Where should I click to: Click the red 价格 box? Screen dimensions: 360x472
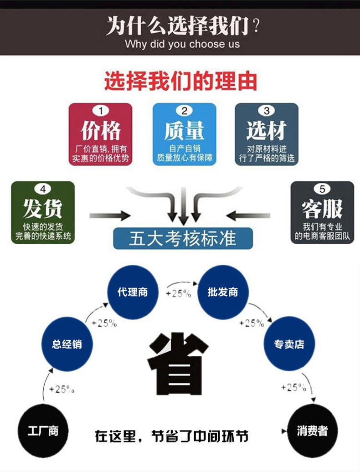100,134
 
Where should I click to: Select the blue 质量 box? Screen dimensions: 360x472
184,134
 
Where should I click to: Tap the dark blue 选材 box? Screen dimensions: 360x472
267,134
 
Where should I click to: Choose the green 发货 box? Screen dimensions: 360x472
43,212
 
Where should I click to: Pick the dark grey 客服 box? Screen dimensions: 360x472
322,212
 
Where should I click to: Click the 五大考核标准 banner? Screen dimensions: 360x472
183,238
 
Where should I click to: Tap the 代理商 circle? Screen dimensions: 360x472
132,292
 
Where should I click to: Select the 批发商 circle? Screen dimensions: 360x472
222,292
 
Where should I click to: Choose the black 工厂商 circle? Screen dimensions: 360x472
43,431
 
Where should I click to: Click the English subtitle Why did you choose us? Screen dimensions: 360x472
182,44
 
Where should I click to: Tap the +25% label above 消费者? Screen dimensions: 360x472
293,388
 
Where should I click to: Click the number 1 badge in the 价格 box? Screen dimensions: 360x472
100,111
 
